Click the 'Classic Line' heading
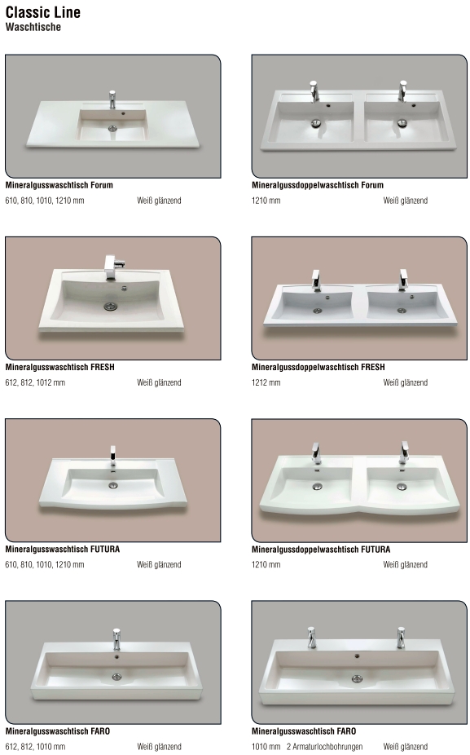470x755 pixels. coord(43,12)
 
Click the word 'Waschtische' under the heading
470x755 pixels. coord(33,27)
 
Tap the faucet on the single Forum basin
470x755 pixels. coord(112,99)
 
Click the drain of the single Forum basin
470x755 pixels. coord(113,128)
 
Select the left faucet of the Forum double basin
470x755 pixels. coord(314,91)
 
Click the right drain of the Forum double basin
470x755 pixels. coord(402,122)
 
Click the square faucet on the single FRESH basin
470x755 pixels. coord(112,267)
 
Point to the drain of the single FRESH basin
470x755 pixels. coord(111,306)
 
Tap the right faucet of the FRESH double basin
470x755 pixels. coord(403,280)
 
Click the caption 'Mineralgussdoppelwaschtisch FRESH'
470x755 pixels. coord(318,367)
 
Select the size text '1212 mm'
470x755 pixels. coord(266,382)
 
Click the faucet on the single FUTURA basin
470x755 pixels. coord(112,456)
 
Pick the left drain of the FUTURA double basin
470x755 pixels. coord(317,486)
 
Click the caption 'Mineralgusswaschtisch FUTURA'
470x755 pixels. coord(63,549)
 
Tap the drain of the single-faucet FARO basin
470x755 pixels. coord(116,677)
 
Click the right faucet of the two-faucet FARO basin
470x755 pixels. coord(401,638)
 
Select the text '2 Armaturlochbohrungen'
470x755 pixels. coord(325,747)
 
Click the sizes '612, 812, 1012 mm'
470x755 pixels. coord(35,382)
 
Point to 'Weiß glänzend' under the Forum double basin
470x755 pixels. coord(405,201)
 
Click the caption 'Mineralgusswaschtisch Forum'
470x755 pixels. coord(59,185)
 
